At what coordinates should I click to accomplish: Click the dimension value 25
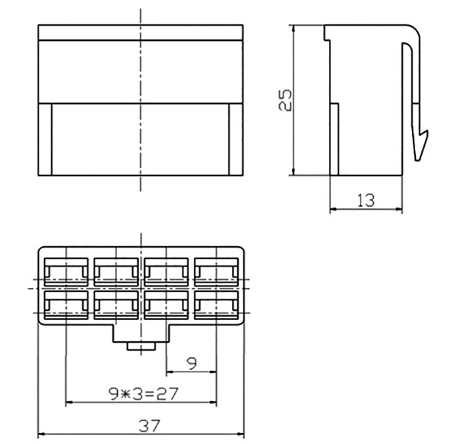tap(285, 100)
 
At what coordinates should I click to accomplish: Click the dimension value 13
tap(366, 200)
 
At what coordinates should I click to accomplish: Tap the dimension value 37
tap(150, 426)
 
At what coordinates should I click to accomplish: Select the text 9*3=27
tap(143, 394)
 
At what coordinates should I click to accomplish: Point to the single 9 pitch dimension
tap(192, 364)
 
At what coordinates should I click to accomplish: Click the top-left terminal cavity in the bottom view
tap(66, 272)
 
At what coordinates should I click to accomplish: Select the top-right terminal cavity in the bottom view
tap(217, 272)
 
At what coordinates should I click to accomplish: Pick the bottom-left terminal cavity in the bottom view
tap(66, 305)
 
